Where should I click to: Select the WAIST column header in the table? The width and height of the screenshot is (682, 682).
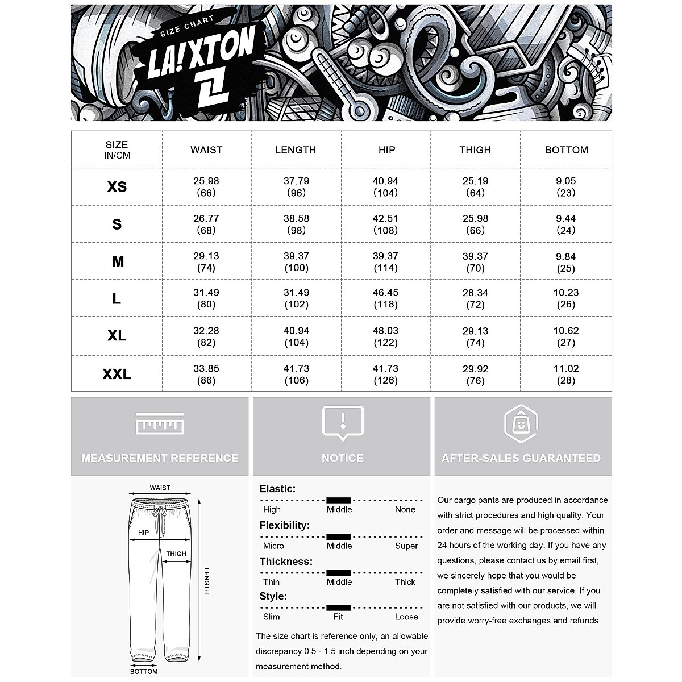pos(206,150)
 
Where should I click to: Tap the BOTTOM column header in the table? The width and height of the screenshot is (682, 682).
pos(566,150)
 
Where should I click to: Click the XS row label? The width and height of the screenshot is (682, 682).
pos(117,187)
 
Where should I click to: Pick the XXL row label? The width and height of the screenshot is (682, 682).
pos(117,374)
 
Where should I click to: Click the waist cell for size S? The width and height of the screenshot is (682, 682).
pos(206,224)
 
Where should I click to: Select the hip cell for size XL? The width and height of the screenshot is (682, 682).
pos(385,336)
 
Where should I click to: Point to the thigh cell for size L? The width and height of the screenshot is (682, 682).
pos(475,298)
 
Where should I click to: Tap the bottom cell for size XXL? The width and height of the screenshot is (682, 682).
pos(566,374)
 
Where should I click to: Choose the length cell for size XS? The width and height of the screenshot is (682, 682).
pos(296,187)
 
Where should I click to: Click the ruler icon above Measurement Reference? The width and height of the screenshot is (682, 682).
pos(160,424)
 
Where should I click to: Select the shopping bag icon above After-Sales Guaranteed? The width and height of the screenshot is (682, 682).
pos(521,424)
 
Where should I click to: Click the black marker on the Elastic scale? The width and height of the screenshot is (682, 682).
pos(339,500)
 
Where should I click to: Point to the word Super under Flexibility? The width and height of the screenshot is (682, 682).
pos(406,546)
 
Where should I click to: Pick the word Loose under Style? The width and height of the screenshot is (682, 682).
pos(406,617)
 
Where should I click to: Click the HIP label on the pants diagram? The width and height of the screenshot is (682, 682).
pos(143,533)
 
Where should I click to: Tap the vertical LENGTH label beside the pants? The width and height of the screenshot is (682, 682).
pos(207,581)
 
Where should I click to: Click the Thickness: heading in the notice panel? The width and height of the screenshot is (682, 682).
pos(286,562)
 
